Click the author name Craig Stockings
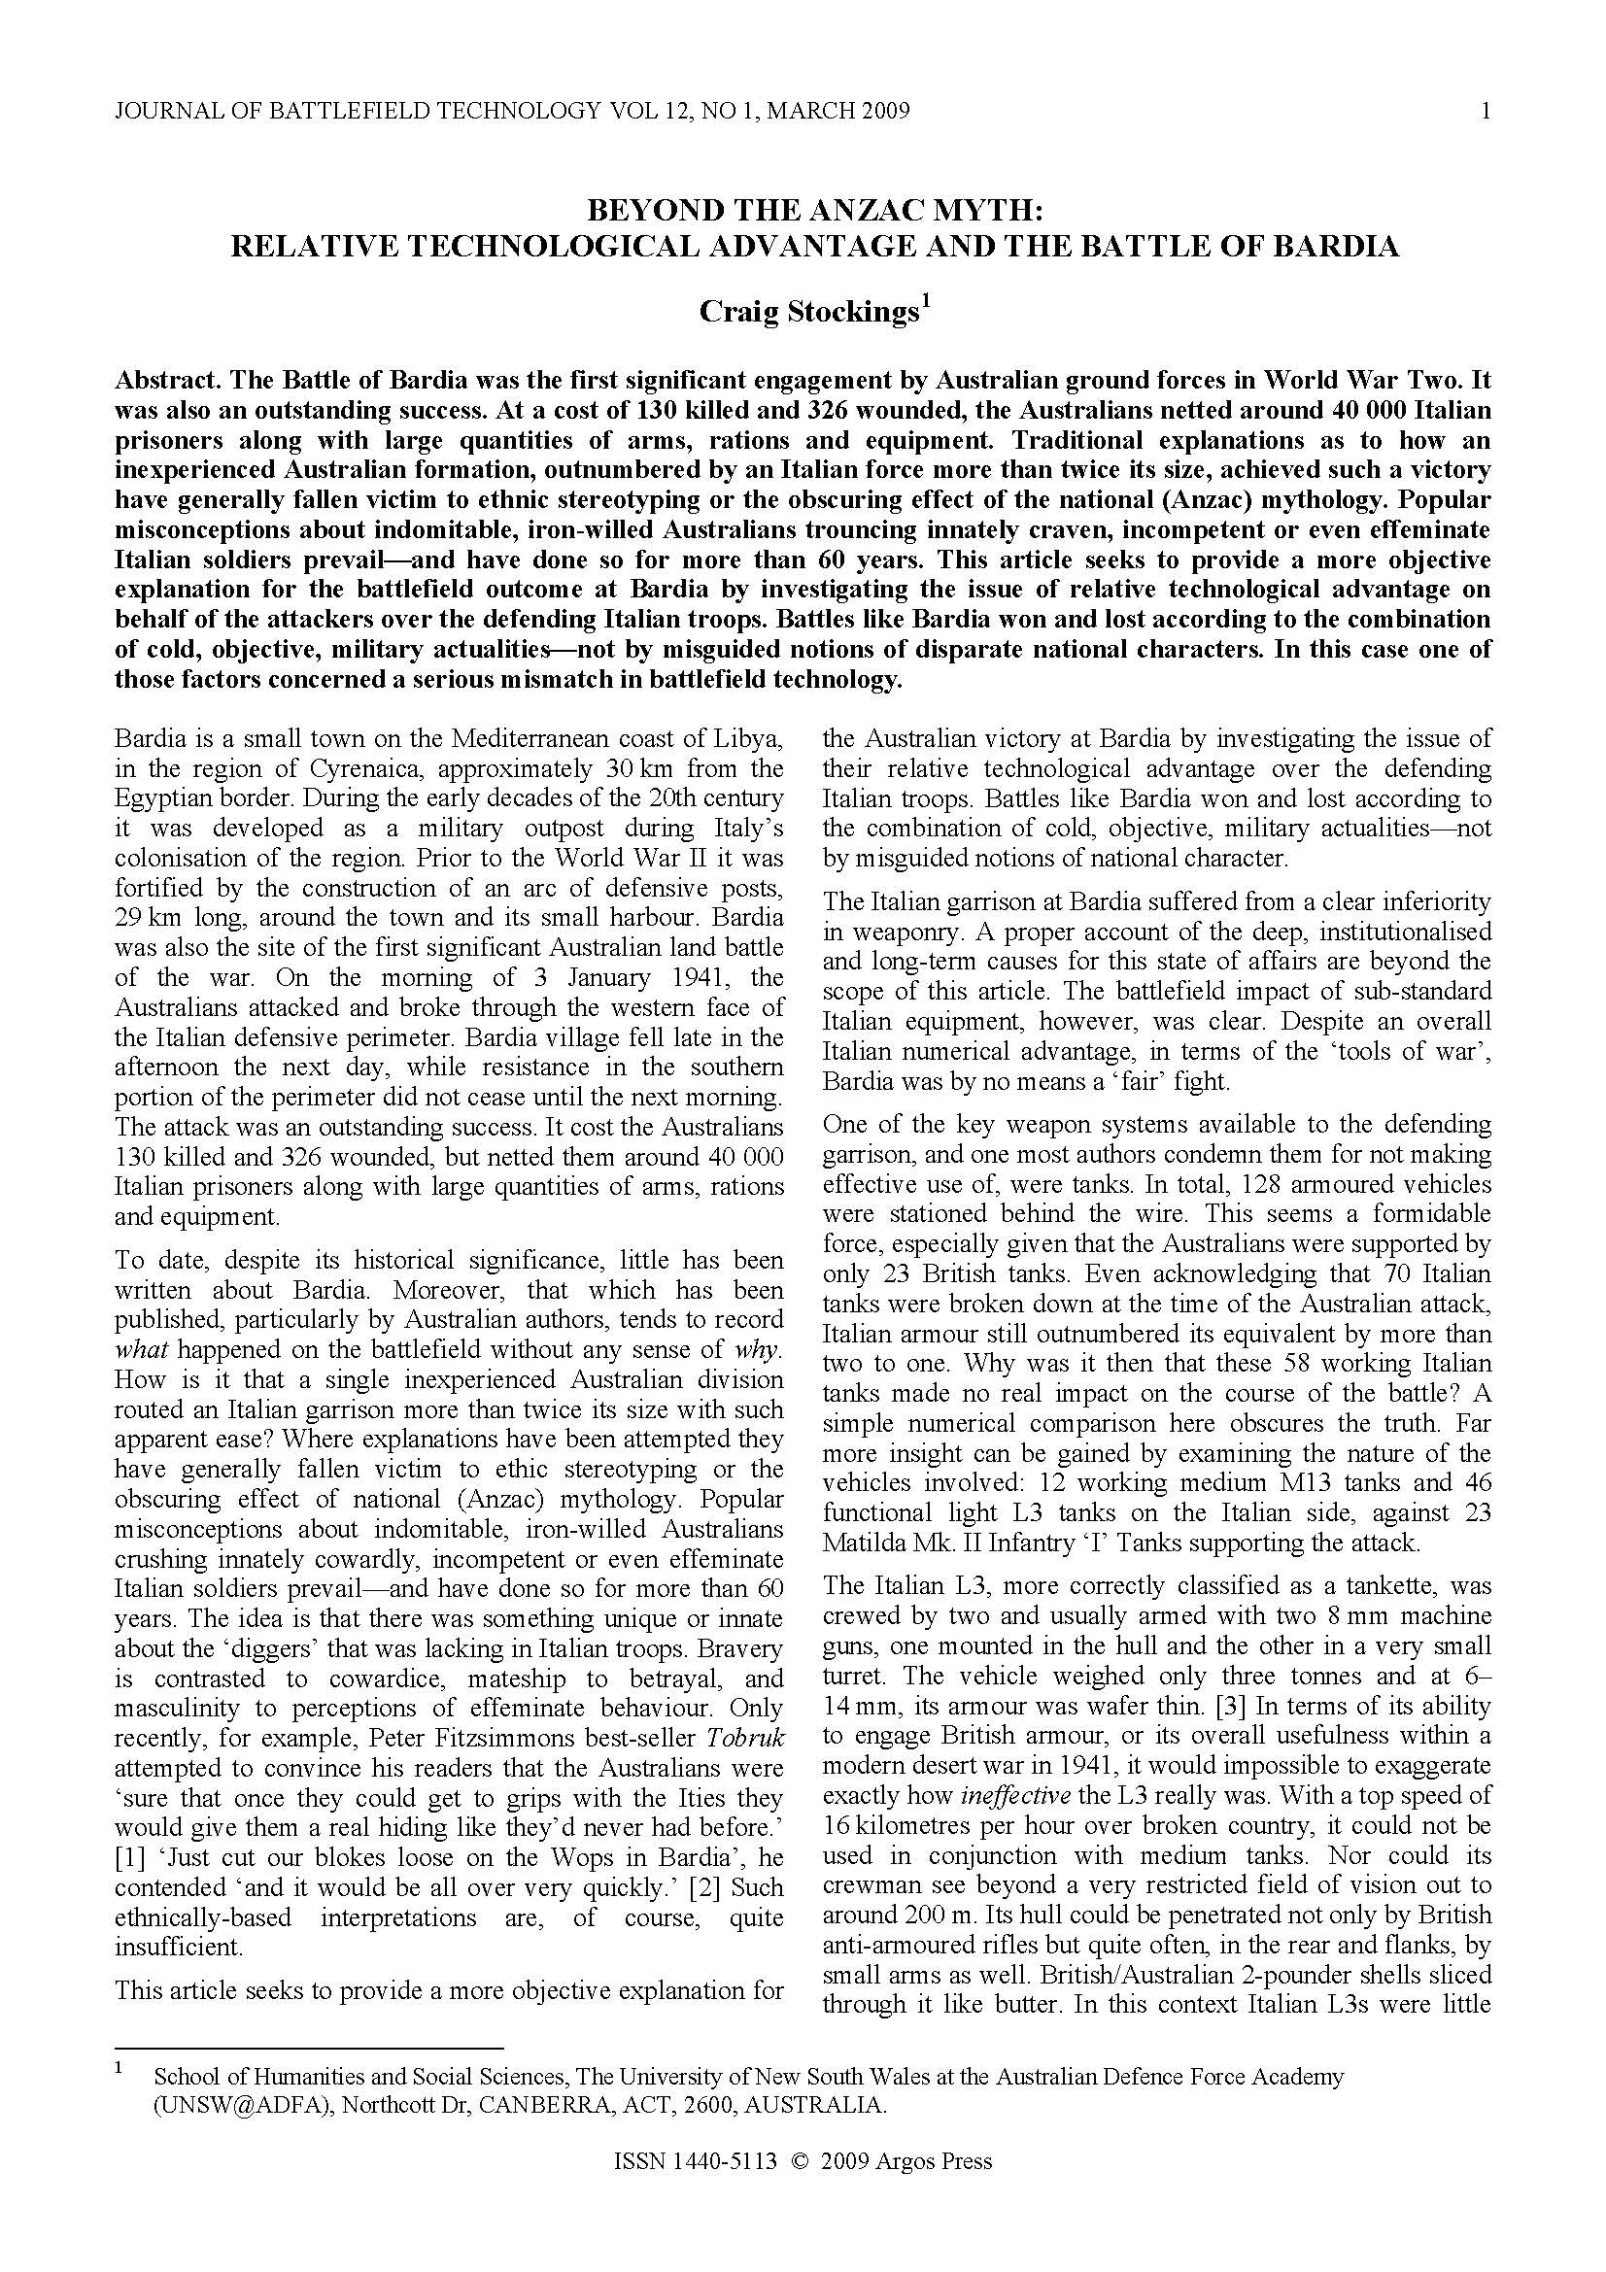tap(809, 311)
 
